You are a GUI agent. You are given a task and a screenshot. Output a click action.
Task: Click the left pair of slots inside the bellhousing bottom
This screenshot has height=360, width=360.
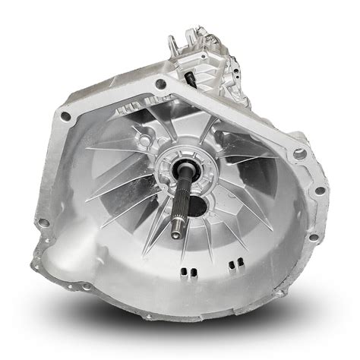187,272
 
